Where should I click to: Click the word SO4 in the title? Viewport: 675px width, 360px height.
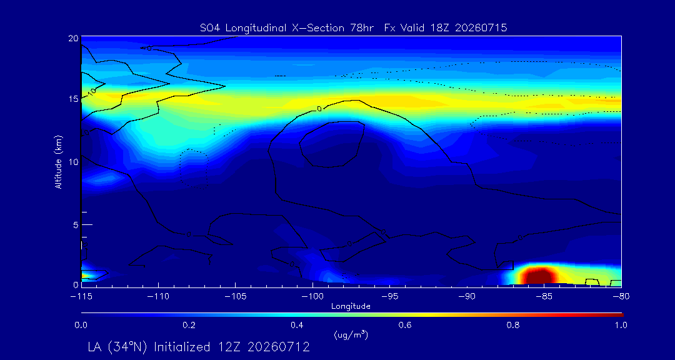[x=209, y=28]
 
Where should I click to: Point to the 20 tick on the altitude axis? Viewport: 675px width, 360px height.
[x=72, y=37]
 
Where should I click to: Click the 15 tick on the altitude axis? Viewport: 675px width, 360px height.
[x=72, y=99]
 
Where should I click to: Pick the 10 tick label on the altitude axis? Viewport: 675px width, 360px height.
[x=72, y=161]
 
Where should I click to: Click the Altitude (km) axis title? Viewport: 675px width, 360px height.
[x=59, y=161]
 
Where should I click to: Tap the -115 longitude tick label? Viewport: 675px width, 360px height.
[x=81, y=297]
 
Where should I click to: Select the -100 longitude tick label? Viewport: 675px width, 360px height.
[x=312, y=297]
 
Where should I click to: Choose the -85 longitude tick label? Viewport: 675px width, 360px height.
[x=544, y=297]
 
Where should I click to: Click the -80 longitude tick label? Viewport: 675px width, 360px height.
[x=621, y=297]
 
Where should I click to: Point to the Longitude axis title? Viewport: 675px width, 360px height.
[x=351, y=306]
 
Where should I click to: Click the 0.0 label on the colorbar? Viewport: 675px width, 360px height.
[x=81, y=325]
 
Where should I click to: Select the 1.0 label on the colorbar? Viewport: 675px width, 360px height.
[x=621, y=325]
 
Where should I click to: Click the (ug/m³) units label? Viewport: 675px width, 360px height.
[x=351, y=334]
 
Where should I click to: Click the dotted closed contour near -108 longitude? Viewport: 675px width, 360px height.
[x=193, y=169]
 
